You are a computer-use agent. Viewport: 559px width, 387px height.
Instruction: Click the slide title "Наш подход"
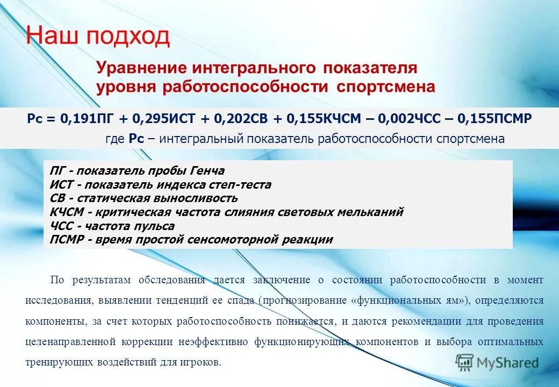coord(98,37)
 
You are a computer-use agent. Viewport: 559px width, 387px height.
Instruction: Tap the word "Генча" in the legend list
coord(206,171)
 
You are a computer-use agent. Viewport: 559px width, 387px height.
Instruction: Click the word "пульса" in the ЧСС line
coord(155,226)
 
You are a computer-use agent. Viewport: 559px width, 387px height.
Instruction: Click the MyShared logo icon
coord(464,363)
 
